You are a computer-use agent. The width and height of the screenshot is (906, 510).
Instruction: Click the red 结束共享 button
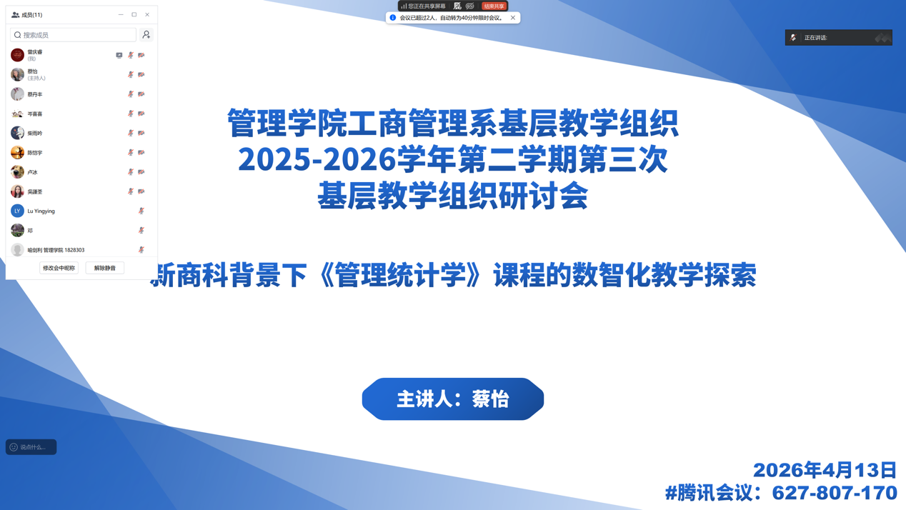pyautogui.click(x=494, y=6)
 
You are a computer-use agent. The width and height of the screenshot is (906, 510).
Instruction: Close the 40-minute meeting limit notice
pyautogui.click(x=513, y=18)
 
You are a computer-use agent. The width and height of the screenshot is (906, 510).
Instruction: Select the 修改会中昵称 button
pyautogui.click(x=59, y=268)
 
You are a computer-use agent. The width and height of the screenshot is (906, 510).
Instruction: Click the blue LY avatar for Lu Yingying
pyautogui.click(x=17, y=211)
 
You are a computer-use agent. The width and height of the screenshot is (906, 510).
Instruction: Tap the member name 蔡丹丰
pyautogui.click(x=35, y=94)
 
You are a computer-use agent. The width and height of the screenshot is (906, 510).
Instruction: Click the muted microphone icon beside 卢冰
pyautogui.click(x=131, y=172)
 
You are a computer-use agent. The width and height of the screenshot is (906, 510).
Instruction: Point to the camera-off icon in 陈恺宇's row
pyautogui.click(x=141, y=153)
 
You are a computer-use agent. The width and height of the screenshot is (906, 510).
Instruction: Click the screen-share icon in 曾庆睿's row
pyautogui.click(x=119, y=55)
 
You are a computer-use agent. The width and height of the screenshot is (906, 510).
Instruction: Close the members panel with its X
pyautogui.click(x=147, y=14)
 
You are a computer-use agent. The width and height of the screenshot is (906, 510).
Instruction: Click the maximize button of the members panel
pyautogui.click(x=134, y=14)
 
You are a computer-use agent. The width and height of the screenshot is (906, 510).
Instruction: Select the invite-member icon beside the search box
pyautogui.click(x=146, y=35)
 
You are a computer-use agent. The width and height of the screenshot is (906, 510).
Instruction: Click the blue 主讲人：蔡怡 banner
pyautogui.click(x=452, y=399)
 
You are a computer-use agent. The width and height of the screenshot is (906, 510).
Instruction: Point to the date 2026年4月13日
pyautogui.click(x=825, y=470)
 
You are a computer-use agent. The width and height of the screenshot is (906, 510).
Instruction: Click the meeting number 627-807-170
pyautogui.click(x=835, y=493)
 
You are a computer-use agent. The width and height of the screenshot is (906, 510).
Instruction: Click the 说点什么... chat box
pyautogui.click(x=31, y=447)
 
